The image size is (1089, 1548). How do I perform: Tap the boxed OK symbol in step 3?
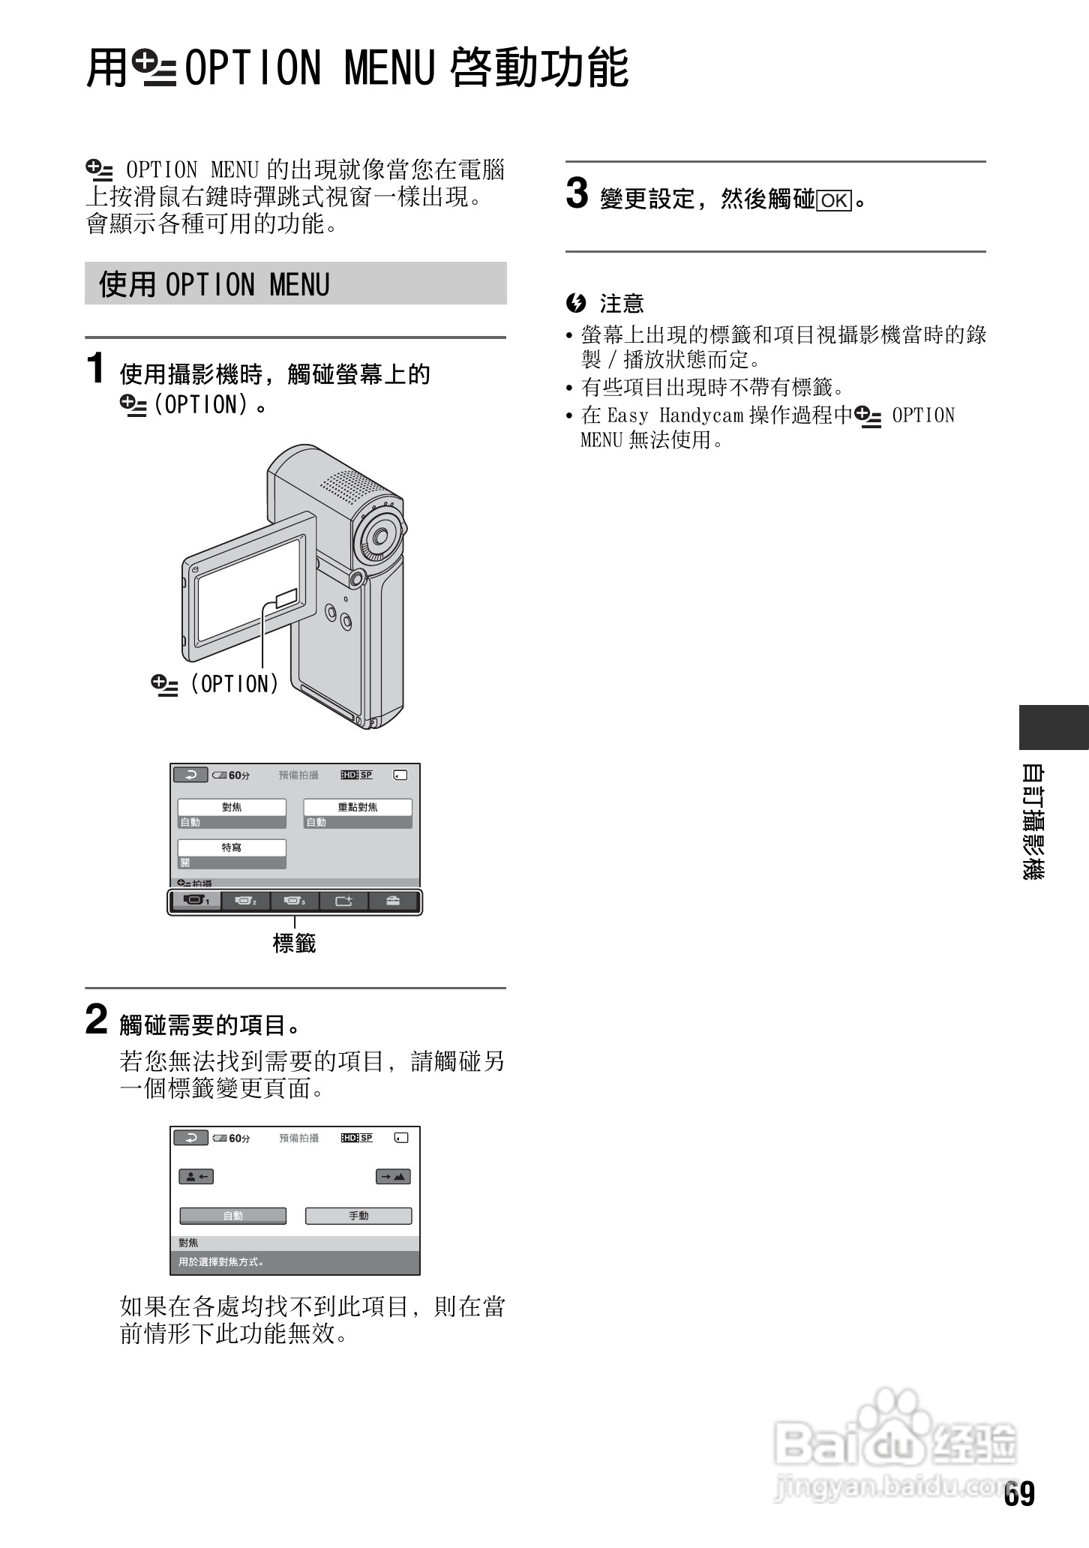[x=834, y=201]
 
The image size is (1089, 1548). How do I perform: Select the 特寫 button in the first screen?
[x=232, y=847]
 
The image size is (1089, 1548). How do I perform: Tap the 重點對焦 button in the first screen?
[x=358, y=807]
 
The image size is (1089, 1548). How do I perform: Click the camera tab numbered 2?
[x=245, y=901]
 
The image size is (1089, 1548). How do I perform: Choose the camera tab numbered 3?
[x=294, y=901]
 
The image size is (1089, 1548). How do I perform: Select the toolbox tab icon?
[x=393, y=901]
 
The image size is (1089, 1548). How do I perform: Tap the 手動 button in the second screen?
[x=358, y=1216]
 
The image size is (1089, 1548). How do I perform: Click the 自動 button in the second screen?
[x=232, y=1216]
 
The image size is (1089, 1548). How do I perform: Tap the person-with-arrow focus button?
[x=196, y=1177]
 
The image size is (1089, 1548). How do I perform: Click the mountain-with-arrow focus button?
[x=393, y=1177]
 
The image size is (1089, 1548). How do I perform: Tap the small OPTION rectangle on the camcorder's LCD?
[x=286, y=598]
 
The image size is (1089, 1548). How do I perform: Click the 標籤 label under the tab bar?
[x=294, y=943]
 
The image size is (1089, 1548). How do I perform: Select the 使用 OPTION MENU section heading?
[x=214, y=285]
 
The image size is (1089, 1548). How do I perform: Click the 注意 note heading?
[x=621, y=304]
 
